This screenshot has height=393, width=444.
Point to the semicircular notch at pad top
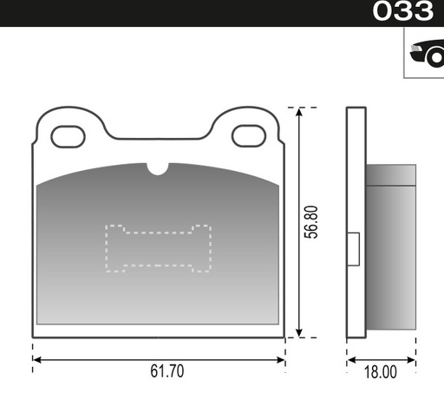[x=157, y=168]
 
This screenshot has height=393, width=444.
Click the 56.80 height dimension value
[x=315, y=222]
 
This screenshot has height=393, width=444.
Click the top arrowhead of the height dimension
[x=300, y=114]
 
